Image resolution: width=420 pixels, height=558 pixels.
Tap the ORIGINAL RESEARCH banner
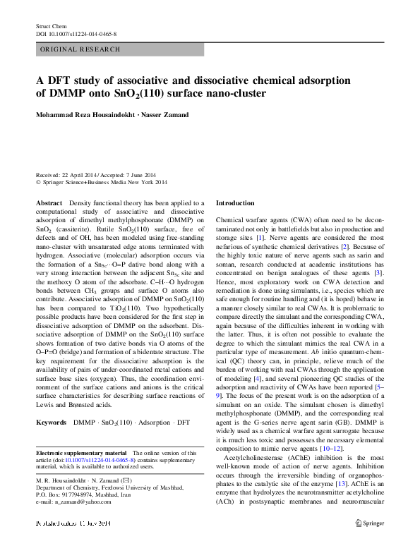(80, 49)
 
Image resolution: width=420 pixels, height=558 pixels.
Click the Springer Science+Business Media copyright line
(106, 181)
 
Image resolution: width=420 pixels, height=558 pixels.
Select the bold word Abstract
(49, 202)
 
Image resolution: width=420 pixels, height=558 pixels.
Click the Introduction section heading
(235, 203)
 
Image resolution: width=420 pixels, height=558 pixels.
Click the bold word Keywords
(52, 422)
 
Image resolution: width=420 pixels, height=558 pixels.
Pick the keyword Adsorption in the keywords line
(155, 422)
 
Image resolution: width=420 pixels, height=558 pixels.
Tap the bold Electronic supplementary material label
(81, 452)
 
